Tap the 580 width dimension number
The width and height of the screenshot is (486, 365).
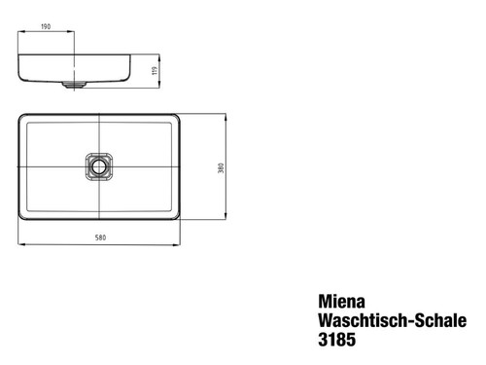click(100, 238)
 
